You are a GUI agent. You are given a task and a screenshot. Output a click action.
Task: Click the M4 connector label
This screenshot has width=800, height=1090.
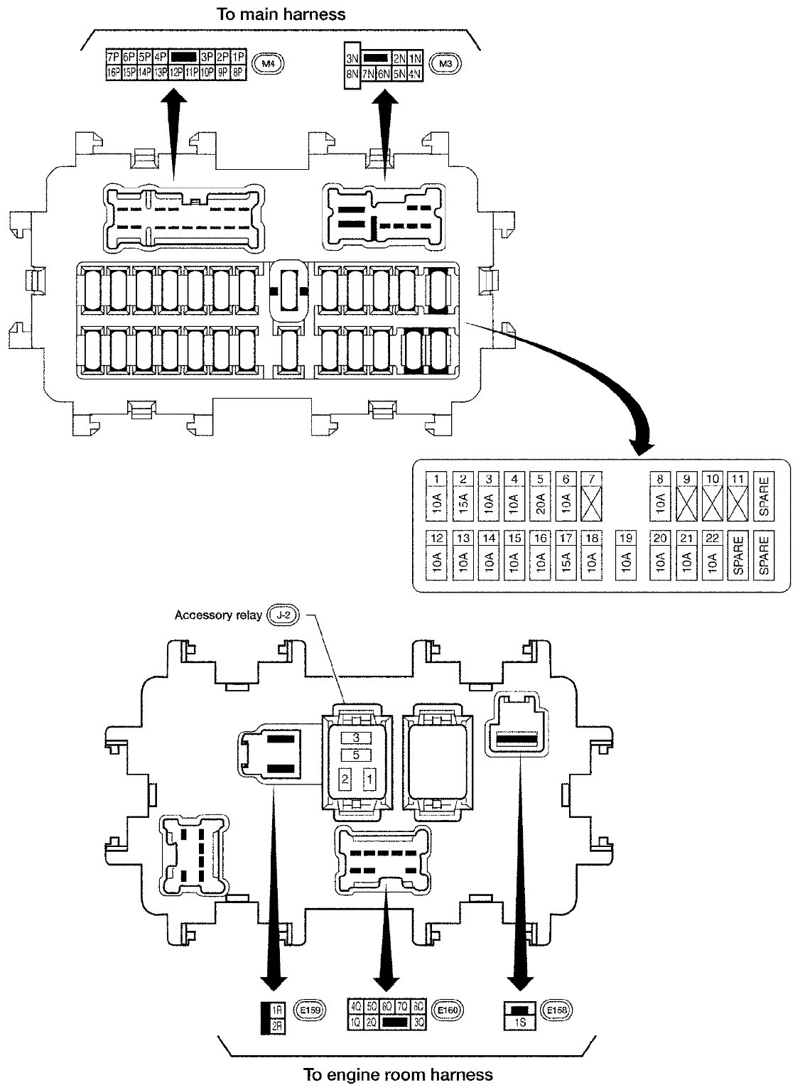(268, 65)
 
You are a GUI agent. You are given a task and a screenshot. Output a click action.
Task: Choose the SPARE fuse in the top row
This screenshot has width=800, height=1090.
(764, 497)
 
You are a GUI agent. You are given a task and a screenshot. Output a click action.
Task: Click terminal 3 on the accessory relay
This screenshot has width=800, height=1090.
(355, 738)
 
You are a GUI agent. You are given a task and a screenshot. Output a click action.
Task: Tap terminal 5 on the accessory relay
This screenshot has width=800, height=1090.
(355, 755)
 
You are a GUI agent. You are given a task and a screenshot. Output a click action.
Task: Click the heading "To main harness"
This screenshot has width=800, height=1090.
(281, 14)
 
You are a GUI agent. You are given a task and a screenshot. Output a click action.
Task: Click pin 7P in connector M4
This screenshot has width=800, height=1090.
(112, 56)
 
